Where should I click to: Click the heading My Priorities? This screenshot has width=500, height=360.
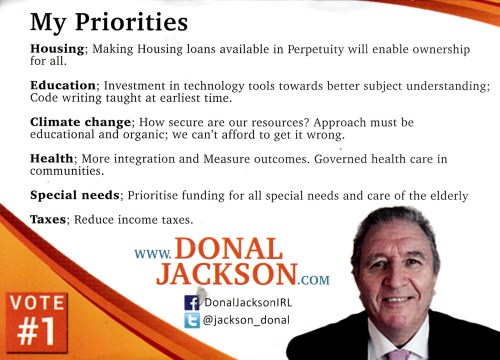click(109, 23)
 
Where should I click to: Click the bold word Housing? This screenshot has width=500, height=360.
click(57, 49)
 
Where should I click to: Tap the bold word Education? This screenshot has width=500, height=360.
click(63, 86)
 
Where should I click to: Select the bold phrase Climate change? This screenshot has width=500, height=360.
click(80, 123)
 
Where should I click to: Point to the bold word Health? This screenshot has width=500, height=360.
click(52, 158)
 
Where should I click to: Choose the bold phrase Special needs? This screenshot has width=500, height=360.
click(75, 195)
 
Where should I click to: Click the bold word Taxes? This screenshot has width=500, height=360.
click(48, 220)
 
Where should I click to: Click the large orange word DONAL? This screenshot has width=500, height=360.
click(229, 249)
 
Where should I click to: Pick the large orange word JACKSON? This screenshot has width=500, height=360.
click(227, 274)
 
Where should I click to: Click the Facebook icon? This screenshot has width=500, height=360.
click(192, 303)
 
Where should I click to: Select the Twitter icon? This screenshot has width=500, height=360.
click(192, 320)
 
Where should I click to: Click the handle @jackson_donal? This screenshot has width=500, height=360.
click(246, 320)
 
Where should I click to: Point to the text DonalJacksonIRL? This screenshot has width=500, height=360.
click(248, 302)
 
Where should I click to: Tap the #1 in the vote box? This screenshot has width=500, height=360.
click(36, 332)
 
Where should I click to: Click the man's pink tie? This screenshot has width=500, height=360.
click(399, 355)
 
